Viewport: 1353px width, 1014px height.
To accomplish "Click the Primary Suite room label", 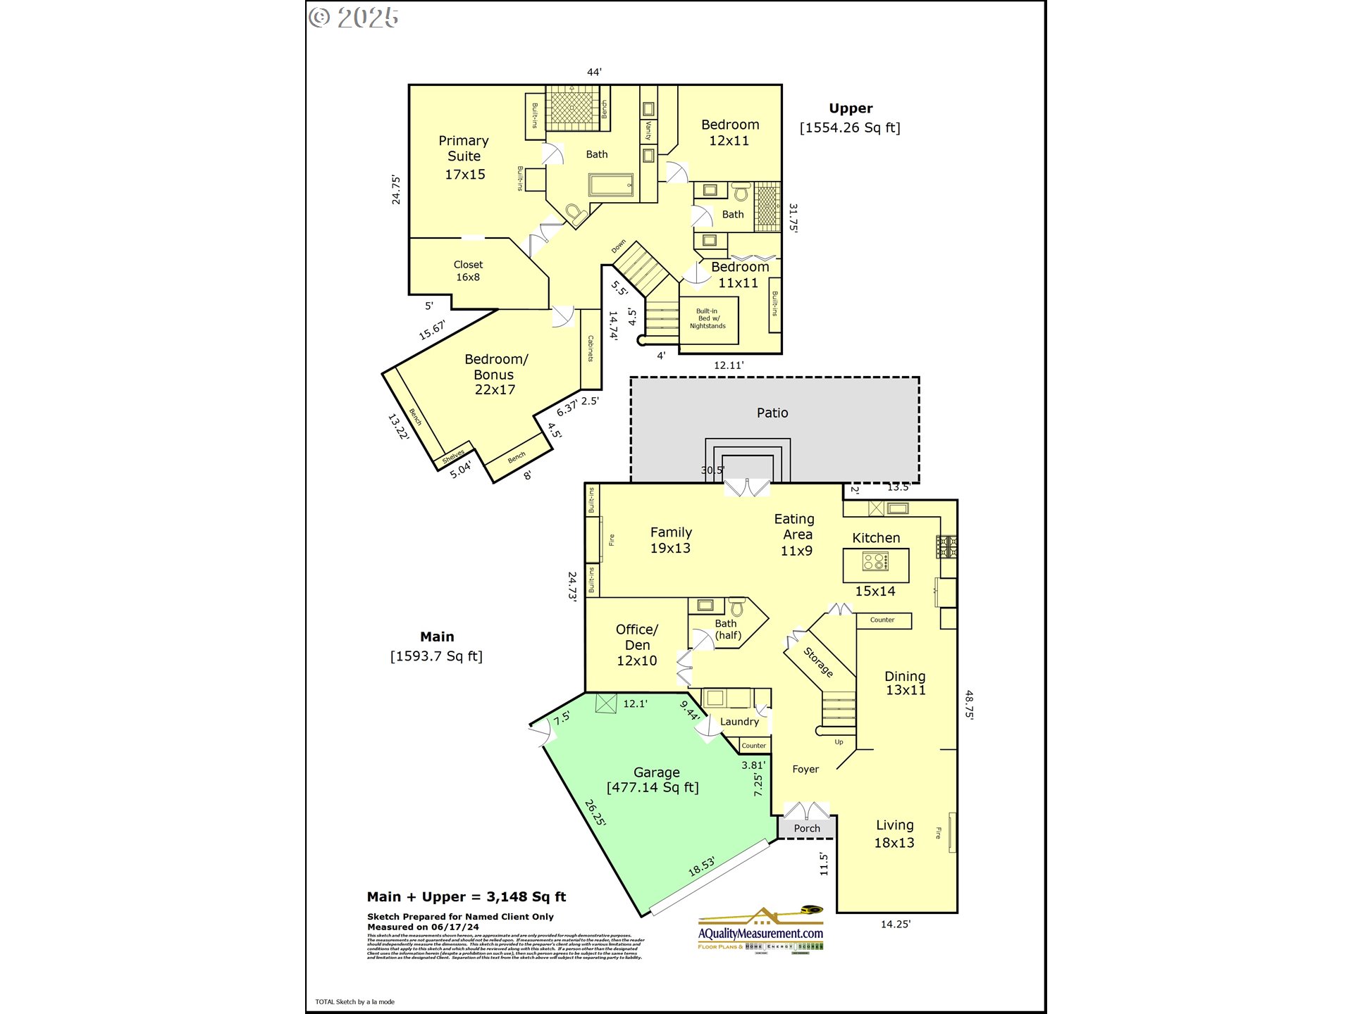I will tap(464, 157).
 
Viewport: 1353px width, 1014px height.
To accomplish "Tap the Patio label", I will tap(772, 413).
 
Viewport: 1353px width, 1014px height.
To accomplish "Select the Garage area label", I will tap(653, 780).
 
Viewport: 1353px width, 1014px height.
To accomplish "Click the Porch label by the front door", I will tap(807, 829).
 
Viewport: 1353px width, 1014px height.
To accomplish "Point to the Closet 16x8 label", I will tap(468, 270).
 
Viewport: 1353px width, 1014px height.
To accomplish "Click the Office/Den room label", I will tap(637, 644).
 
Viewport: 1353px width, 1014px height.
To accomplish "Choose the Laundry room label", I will tap(739, 722).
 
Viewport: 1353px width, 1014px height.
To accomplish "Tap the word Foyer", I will tap(805, 770).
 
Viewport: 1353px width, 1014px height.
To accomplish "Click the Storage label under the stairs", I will tap(819, 662).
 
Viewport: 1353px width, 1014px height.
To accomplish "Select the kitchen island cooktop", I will tap(876, 562).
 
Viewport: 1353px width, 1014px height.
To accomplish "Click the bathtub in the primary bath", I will tap(611, 185).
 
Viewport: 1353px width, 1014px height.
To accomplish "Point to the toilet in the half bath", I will tap(736, 607).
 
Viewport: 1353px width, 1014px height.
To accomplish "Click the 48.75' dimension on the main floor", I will tap(969, 704).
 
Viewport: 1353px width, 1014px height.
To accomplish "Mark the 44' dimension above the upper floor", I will tap(594, 72).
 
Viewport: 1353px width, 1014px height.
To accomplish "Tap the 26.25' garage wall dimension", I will tap(595, 813).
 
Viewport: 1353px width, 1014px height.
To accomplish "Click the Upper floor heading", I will tap(851, 108).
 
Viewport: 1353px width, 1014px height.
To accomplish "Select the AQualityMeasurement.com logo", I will tap(760, 930).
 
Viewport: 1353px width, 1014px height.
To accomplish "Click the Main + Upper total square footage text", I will tap(467, 897).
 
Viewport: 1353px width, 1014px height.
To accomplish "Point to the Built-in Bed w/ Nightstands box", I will tap(708, 319).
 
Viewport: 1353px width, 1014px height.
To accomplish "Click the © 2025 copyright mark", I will tap(354, 18).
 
